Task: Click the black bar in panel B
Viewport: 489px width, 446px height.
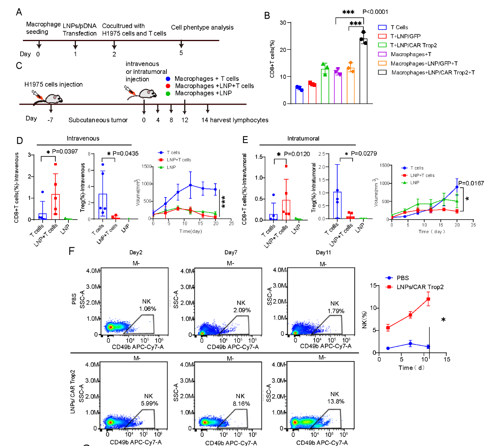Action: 363,71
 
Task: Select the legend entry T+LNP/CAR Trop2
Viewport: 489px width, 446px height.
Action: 413,45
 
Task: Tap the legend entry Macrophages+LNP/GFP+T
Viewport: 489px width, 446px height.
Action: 424,64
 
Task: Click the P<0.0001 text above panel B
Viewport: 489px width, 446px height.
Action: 375,12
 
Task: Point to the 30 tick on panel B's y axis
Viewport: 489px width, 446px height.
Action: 283,23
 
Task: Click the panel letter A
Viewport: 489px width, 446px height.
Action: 19,12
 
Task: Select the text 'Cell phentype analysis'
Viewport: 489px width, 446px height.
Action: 202,27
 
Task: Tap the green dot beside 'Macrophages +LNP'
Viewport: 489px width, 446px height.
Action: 168,93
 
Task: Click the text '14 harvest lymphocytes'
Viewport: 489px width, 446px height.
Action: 235,120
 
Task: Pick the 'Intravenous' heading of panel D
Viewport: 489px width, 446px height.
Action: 83,138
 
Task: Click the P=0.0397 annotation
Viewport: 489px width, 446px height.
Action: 65,151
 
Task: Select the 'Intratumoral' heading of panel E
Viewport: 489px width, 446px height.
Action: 303,138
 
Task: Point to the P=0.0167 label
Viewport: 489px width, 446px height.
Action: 471,183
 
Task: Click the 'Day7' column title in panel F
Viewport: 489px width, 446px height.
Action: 230,252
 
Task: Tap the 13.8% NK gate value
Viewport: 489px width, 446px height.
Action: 336,401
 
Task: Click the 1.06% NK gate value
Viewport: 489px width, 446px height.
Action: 147,309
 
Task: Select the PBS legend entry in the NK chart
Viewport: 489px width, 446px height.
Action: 402,278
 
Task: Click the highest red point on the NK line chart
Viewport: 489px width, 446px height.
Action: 428,299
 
